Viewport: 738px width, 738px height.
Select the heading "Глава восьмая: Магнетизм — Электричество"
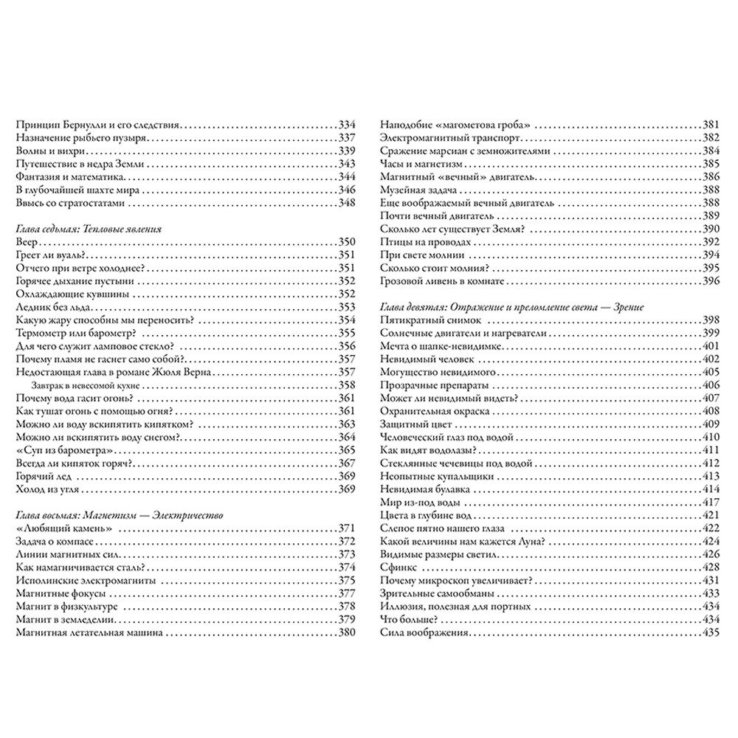pos(118,514)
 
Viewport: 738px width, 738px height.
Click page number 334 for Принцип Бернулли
pos(347,125)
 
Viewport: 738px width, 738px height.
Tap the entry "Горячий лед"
pos(41,476)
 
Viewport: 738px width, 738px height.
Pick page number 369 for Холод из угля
pos(347,489)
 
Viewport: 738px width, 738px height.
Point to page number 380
pos(347,632)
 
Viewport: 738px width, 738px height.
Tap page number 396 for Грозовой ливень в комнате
pos(711,280)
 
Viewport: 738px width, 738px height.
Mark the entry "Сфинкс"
pos(399,568)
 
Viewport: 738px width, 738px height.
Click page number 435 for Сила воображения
pos(711,632)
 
